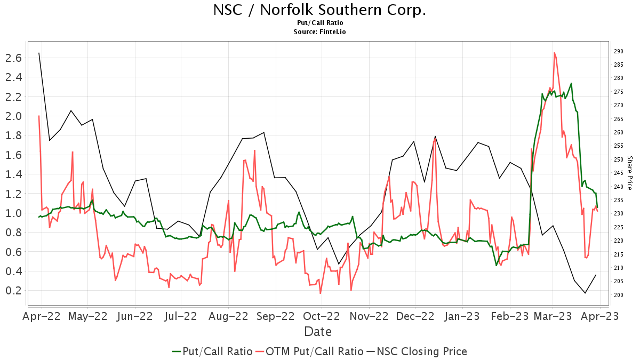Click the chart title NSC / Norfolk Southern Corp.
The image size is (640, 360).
click(x=320, y=10)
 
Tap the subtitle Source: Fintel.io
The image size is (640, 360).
click(x=320, y=32)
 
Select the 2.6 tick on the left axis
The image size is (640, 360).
click(x=13, y=58)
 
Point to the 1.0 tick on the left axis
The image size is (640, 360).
click(x=13, y=213)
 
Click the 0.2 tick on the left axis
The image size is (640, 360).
click(x=13, y=291)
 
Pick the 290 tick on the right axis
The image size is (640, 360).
click(x=619, y=52)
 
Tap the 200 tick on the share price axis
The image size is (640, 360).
click(x=619, y=295)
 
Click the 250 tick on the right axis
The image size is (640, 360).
click(x=619, y=159)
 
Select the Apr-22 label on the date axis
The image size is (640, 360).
click(x=42, y=316)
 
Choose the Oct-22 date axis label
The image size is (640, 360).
click(x=322, y=316)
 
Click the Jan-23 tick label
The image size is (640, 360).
click(x=462, y=316)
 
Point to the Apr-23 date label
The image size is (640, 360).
click(x=601, y=316)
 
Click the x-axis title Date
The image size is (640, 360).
click(x=318, y=332)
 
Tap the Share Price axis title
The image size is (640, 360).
click(x=629, y=173)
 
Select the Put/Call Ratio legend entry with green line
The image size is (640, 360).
click(x=212, y=351)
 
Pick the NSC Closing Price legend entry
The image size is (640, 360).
click(x=416, y=351)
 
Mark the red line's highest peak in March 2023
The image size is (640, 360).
click(x=555, y=53)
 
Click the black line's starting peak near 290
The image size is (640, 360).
click(x=39, y=53)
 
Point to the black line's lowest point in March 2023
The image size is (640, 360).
click(x=585, y=293)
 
